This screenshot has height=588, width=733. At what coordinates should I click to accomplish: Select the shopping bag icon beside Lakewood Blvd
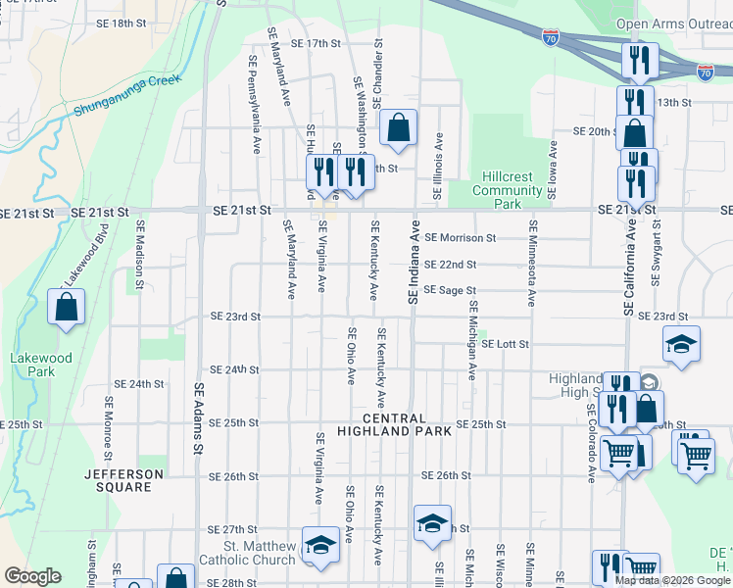65,307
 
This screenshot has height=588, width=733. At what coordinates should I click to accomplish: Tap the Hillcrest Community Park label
507,190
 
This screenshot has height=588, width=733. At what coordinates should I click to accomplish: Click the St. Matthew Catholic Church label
247,553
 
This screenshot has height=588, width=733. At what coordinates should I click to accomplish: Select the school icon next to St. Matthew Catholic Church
319,547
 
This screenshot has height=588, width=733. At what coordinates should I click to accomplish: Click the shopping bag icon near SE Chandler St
397,127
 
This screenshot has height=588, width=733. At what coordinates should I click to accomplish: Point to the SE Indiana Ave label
414,268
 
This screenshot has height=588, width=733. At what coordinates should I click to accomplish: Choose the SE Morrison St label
461,237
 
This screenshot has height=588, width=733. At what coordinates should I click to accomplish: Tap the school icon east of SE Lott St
681,344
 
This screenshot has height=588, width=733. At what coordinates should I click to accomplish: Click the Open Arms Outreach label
673,24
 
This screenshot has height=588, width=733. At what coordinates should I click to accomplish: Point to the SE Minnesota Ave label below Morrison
533,263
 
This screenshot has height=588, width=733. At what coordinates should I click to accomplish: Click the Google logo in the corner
32,576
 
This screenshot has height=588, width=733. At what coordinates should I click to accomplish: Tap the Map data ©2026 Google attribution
672,580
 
